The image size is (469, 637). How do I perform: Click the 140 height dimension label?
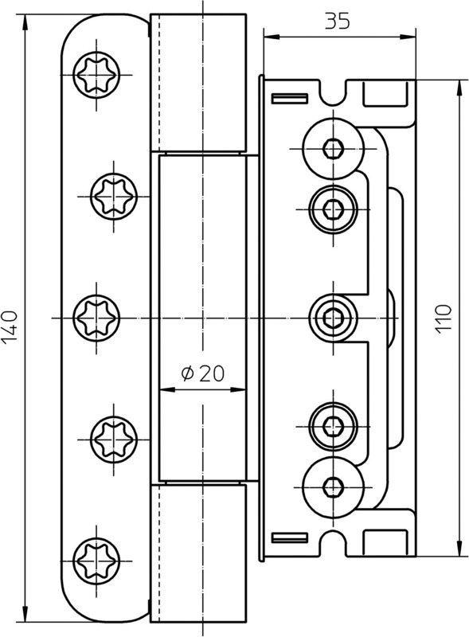coord(10,326)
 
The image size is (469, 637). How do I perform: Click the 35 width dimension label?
coord(337,21)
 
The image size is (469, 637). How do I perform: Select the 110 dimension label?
coord(444,319)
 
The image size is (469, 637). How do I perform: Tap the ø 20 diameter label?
coord(203,373)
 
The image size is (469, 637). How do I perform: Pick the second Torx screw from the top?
coord(114,197)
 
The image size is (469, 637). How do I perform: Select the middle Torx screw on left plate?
coord(96,318)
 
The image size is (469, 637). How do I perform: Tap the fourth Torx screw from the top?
coord(114,440)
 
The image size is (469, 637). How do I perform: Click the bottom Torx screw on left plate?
coord(96,561)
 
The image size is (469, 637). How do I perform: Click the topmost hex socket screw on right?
coord(334,149)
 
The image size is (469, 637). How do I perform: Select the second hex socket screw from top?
coord(334,209)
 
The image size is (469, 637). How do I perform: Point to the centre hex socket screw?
coord(334,318)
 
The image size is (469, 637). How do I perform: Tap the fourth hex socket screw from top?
coord(334,426)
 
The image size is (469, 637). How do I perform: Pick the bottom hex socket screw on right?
coord(334,487)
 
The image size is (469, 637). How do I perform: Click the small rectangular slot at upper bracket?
coord(289,98)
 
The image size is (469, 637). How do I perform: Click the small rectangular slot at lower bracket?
coord(289,538)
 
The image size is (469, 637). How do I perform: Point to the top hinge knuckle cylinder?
coord(198,83)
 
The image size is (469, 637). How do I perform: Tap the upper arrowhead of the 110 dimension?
coord(459,88)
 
